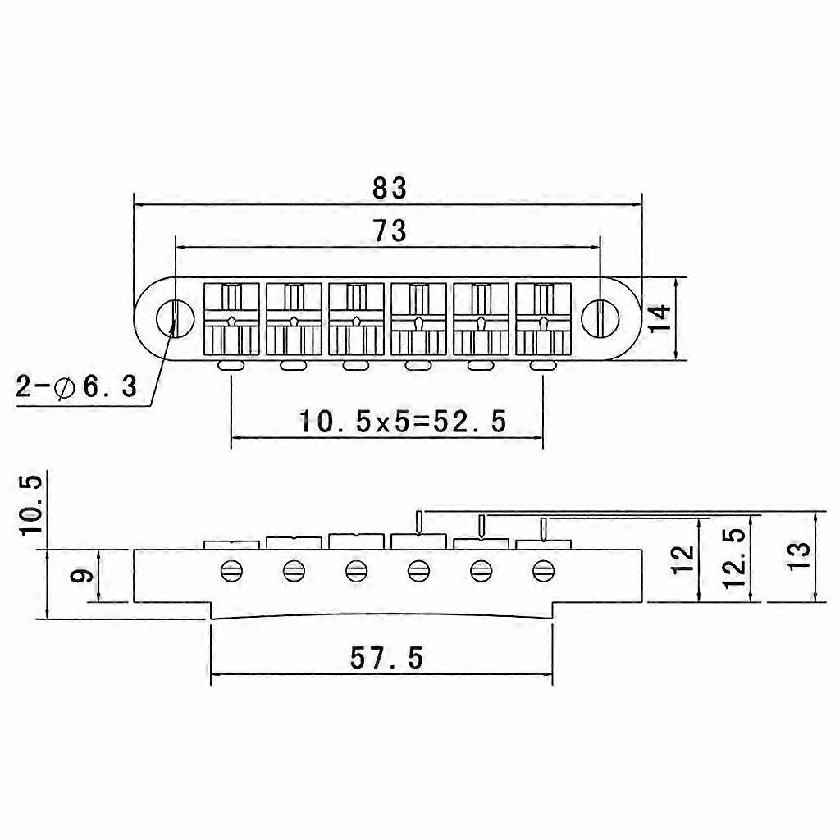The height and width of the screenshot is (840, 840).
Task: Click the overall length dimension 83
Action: (x=390, y=189)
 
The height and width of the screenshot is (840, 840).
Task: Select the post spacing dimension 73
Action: (x=390, y=231)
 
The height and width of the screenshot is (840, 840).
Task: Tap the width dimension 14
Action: (x=660, y=318)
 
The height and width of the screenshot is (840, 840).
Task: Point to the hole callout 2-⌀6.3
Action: (x=76, y=386)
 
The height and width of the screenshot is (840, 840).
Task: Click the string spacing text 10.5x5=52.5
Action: (x=402, y=421)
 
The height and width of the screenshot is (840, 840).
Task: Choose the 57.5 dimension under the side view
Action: (x=386, y=658)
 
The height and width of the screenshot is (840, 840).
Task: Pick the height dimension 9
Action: (x=82, y=576)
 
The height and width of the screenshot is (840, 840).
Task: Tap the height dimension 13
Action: (x=798, y=557)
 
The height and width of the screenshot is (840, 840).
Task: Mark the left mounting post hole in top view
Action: (x=174, y=318)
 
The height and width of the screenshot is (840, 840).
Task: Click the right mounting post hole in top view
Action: (x=600, y=318)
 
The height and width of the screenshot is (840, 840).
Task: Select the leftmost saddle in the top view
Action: (x=231, y=319)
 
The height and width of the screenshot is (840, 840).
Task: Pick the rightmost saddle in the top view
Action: (x=543, y=319)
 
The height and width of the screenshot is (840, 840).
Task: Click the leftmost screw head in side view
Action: (x=231, y=571)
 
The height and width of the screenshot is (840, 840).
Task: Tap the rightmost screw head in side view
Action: (x=543, y=571)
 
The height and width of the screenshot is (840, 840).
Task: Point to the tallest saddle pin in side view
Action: (x=418, y=523)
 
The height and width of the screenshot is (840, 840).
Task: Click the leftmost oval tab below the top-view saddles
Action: (x=231, y=365)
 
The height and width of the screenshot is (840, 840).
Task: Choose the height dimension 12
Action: (x=683, y=559)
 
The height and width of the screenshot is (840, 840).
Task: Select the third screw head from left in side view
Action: (x=356, y=571)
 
